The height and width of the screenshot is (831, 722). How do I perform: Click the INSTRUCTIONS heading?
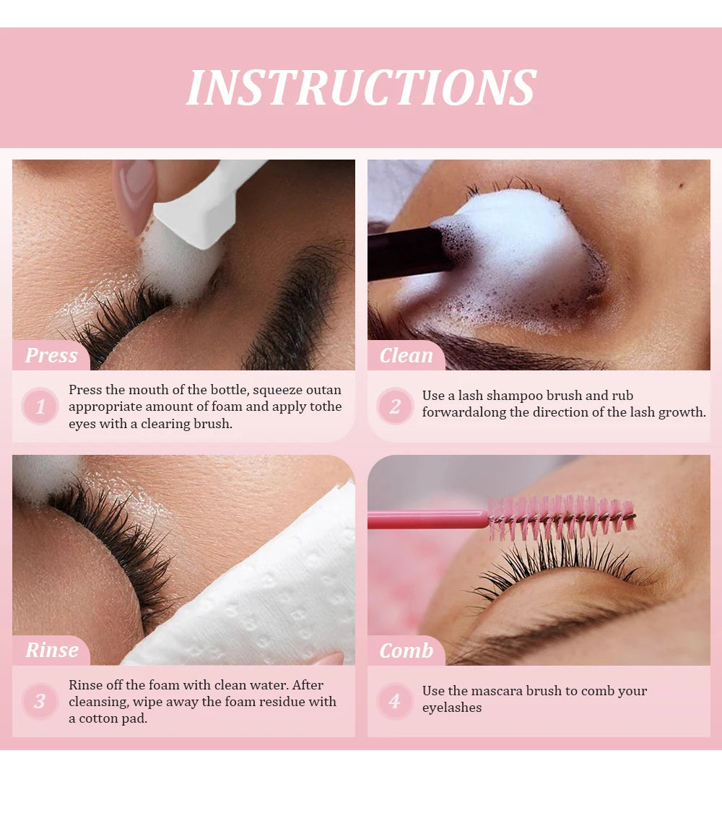coord(362,87)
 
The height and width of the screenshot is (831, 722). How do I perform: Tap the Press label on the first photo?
coord(51,355)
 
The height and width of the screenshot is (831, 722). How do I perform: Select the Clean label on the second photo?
coord(406,355)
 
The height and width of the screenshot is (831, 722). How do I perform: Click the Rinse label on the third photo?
coord(52,650)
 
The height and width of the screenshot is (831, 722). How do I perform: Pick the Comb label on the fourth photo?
coord(406,651)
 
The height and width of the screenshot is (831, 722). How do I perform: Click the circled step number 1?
coord(40,406)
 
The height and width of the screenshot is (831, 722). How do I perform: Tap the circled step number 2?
coord(395,406)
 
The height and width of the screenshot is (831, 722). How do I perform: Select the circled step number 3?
coord(40,701)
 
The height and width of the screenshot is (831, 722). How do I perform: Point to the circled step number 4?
coord(395,701)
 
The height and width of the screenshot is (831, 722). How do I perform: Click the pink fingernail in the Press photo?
coord(134,191)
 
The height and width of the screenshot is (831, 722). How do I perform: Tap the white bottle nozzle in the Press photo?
coord(204,204)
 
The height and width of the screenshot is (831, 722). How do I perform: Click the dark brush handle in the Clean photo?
coord(406,253)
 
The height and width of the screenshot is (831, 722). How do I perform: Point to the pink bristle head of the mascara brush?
coord(562,517)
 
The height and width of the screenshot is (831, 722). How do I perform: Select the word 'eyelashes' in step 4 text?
coord(452,708)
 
